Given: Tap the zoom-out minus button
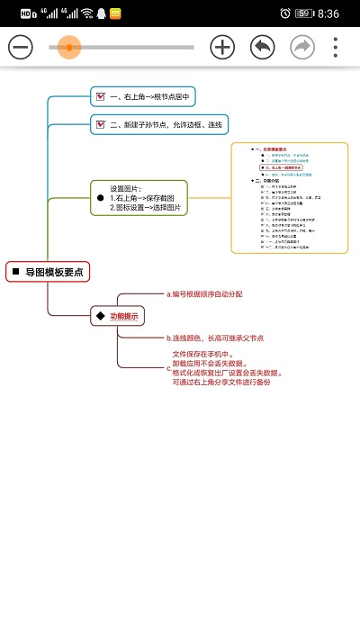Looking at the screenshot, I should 22,47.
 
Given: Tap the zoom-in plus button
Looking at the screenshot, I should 222,47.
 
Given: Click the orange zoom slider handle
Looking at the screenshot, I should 68,47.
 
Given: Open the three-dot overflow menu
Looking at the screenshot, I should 336,47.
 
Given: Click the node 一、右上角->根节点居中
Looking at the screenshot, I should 142,96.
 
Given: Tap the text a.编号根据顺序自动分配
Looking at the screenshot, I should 205,293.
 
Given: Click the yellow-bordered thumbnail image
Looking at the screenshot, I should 289,198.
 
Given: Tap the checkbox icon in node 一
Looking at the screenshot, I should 102,96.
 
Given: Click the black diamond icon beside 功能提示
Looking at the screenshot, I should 100,316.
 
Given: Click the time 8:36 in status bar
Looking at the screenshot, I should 328,14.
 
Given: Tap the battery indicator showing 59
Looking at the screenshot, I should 303,14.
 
